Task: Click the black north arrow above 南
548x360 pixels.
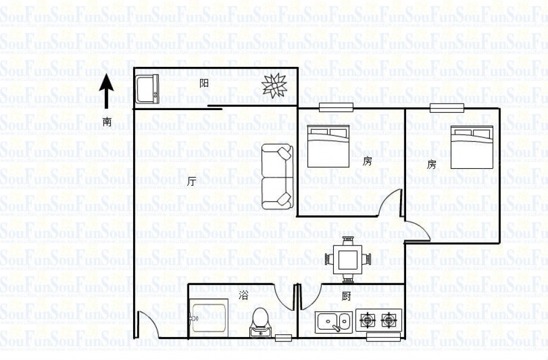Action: [x=106, y=92]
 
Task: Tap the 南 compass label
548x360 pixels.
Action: [x=107, y=122]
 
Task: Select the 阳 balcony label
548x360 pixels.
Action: [x=204, y=83]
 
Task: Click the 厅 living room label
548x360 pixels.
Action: [x=192, y=181]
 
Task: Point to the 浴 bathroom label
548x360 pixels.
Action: [x=243, y=296]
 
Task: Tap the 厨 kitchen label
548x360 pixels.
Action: [x=346, y=297]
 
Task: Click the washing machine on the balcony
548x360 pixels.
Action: [x=147, y=89]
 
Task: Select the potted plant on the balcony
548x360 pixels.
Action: [x=275, y=85]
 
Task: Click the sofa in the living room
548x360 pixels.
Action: [x=277, y=176]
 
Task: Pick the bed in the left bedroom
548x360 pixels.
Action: [x=328, y=146]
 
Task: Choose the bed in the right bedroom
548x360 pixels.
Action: [x=472, y=147]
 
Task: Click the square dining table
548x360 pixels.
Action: [x=347, y=259]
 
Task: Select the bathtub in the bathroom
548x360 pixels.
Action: [x=209, y=318]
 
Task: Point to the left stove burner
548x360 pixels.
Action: [x=368, y=319]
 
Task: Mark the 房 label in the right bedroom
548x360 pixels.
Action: [x=432, y=164]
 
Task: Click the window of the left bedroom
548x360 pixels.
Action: [x=336, y=107]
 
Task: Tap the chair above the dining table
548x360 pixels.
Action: [x=347, y=241]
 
